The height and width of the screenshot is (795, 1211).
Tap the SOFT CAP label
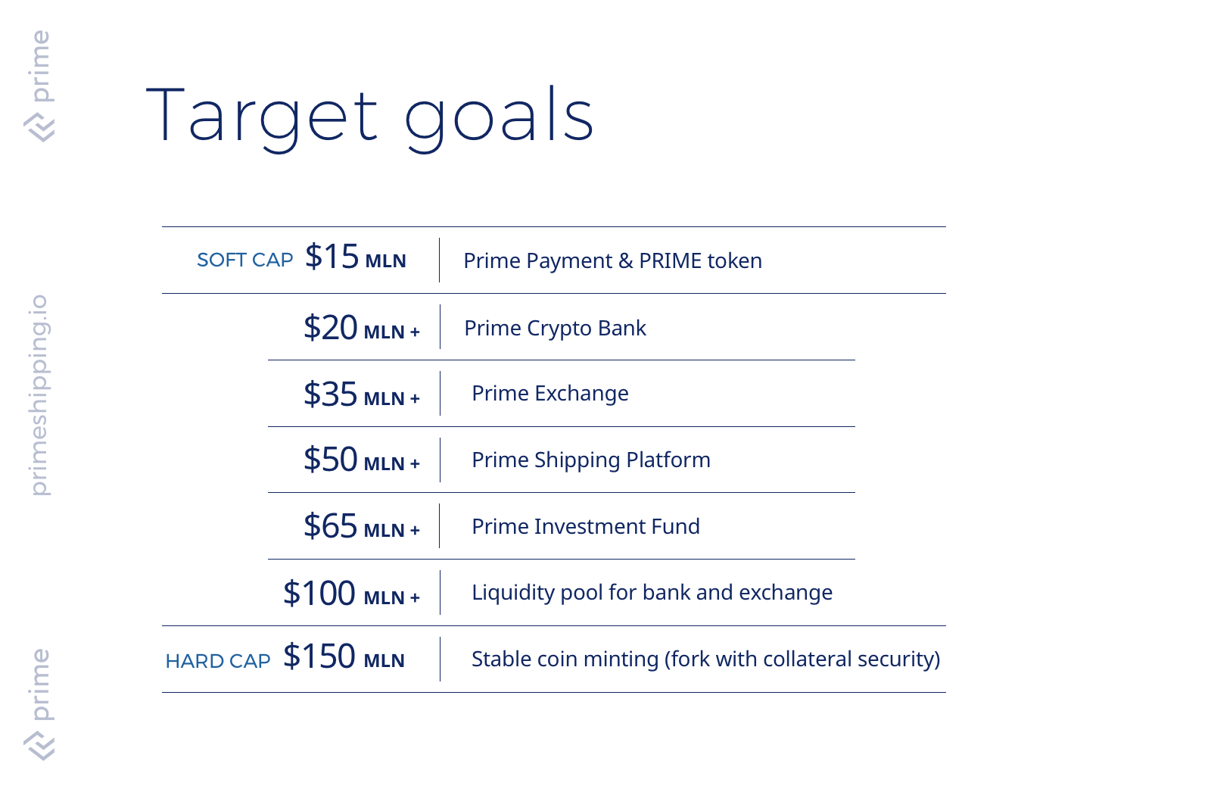(x=245, y=260)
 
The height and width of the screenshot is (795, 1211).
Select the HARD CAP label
(x=218, y=661)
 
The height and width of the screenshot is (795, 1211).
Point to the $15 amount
(x=332, y=257)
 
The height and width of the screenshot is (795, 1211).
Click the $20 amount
(x=330, y=327)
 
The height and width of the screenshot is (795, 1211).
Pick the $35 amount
(x=330, y=394)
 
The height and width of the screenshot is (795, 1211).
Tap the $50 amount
(x=330, y=459)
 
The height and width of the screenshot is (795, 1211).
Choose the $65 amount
(x=330, y=525)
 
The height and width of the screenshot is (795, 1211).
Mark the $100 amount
(x=319, y=593)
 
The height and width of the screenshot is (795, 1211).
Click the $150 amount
(x=319, y=656)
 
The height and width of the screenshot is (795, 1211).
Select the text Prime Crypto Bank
(x=556, y=329)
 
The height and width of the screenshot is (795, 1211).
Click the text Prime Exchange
(x=549, y=394)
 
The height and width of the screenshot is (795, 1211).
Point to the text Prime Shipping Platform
(x=591, y=460)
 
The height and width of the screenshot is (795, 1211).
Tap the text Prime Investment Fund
(x=586, y=527)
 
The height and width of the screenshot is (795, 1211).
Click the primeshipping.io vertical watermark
(x=39, y=394)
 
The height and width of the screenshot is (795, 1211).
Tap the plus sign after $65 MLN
(x=415, y=531)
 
